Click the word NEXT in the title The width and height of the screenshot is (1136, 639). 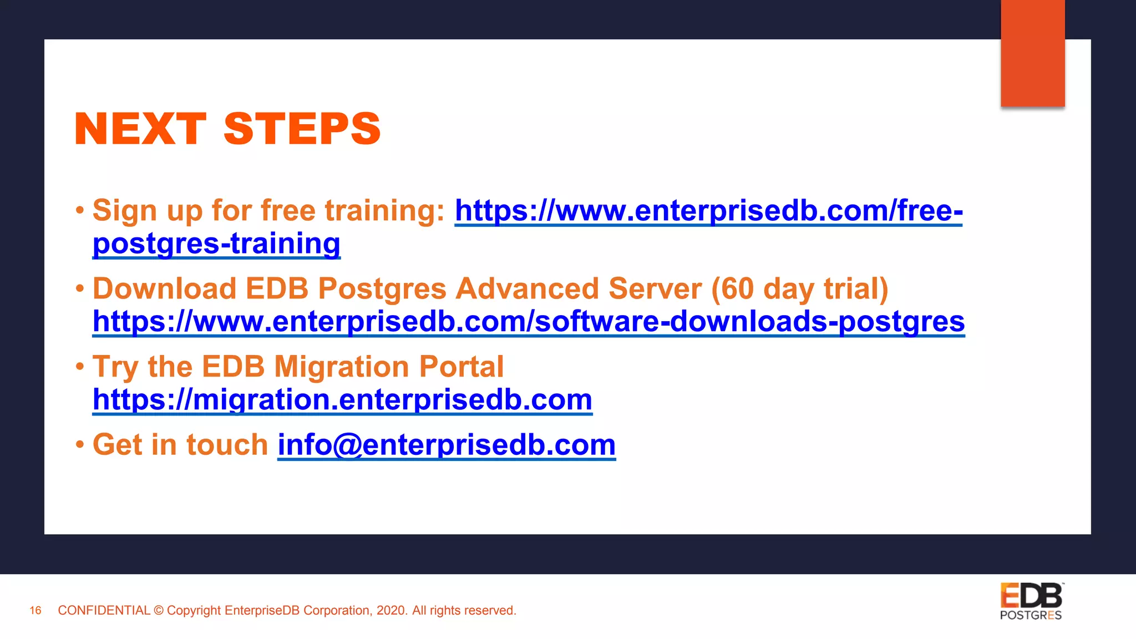[x=140, y=129]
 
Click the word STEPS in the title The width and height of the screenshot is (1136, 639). [x=302, y=129]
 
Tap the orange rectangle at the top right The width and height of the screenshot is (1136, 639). [x=1032, y=53]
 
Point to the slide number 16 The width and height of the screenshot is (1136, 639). [x=35, y=611]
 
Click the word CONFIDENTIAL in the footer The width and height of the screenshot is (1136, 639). [x=104, y=611]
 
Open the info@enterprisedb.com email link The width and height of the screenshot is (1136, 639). [x=447, y=445]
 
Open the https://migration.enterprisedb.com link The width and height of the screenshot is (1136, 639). [x=342, y=399]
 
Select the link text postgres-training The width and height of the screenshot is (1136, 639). [x=216, y=244]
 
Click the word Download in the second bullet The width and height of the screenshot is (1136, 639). [x=165, y=289]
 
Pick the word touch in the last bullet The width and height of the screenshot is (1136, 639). [x=227, y=445]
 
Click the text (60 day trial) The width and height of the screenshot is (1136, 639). [x=799, y=289]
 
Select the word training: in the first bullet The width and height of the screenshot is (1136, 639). [x=385, y=211]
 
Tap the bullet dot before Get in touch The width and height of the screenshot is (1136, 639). [x=80, y=445]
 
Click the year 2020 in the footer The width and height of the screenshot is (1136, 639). [x=390, y=611]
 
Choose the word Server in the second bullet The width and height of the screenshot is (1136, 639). [x=655, y=289]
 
